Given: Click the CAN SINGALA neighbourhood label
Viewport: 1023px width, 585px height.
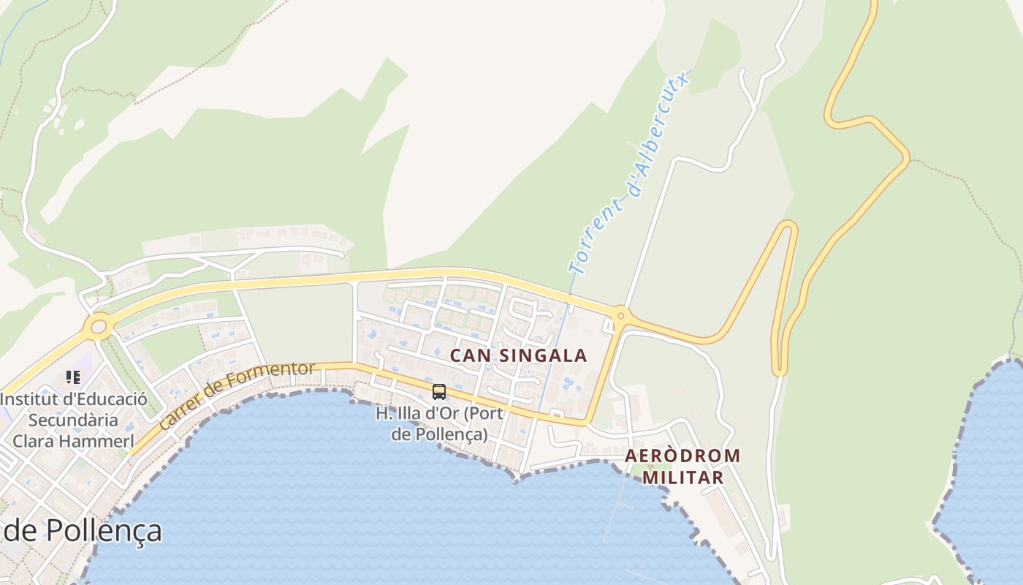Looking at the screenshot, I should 518,355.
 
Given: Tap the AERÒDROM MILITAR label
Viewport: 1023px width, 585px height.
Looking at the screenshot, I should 682,467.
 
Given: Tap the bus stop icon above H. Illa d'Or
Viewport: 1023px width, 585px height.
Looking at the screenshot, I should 438,392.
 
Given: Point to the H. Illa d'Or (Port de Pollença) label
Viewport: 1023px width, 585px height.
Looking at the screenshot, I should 439,423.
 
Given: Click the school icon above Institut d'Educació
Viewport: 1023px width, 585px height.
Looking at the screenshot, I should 72,377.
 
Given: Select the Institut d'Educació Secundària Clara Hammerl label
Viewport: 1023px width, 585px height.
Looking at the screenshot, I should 73,420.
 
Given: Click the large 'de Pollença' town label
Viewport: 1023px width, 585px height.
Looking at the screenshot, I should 82,531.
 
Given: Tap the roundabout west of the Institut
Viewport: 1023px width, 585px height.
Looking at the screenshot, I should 97,326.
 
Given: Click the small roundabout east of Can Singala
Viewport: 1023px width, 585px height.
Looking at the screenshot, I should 620,316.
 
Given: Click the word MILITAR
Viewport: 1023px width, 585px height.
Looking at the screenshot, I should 682,478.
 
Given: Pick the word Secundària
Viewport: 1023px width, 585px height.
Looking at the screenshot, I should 73,420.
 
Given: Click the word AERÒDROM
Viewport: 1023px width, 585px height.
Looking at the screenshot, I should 682,456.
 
